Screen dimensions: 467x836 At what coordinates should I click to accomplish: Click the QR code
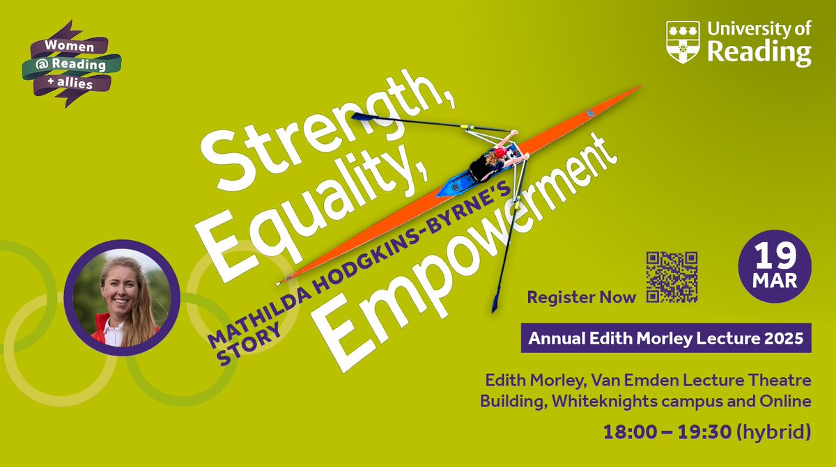[x=672, y=277]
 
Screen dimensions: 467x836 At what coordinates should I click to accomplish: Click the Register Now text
[x=581, y=297]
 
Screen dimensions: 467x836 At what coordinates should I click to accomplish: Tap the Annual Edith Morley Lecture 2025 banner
[x=667, y=339]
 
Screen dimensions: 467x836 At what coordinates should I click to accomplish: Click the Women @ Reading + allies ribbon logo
[x=70, y=64]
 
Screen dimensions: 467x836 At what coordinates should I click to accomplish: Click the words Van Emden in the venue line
[x=617, y=380]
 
